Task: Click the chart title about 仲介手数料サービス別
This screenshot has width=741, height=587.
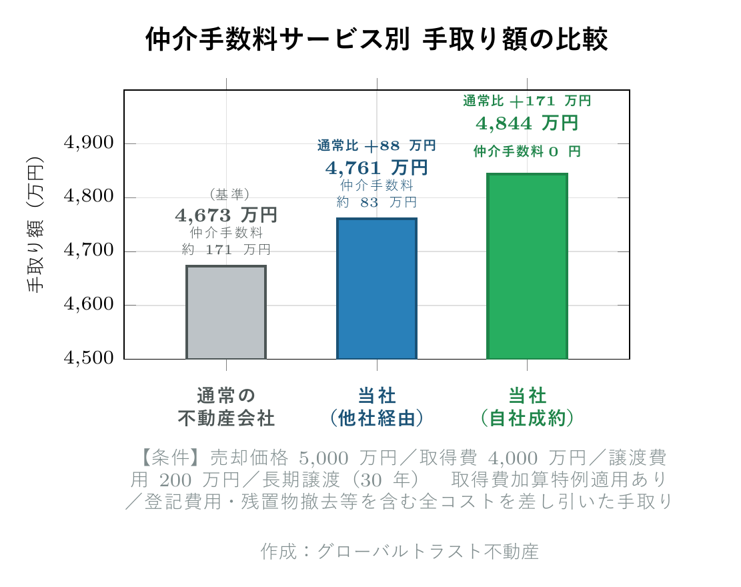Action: pyautogui.click(x=376, y=39)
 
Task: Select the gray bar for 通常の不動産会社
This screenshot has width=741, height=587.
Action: pyautogui.click(x=226, y=312)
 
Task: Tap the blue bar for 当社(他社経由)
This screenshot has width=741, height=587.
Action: pyautogui.click(x=377, y=288)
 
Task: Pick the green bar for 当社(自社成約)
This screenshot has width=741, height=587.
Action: pyautogui.click(x=527, y=266)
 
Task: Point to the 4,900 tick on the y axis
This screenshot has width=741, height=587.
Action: pyautogui.click(x=88, y=143)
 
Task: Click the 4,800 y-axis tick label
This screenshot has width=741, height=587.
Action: pyautogui.click(x=88, y=197)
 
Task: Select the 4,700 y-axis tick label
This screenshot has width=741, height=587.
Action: pyautogui.click(x=88, y=251)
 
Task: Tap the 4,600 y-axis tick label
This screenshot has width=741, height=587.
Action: pyautogui.click(x=88, y=306)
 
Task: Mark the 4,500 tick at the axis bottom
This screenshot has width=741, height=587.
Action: pyautogui.click(x=88, y=359)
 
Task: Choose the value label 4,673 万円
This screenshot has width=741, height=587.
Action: pyautogui.click(x=226, y=215)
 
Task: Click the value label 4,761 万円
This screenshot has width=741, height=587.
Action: pyautogui.click(x=377, y=167)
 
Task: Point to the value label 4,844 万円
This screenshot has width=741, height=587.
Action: pyautogui.click(x=527, y=123)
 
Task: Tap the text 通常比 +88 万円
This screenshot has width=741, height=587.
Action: pyautogui.click(x=377, y=145)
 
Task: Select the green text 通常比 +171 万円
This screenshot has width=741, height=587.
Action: pyautogui.click(x=527, y=101)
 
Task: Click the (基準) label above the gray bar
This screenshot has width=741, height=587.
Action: pyautogui.click(x=229, y=194)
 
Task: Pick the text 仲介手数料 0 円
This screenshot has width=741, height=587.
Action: pyautogui.click(x=527, y=151)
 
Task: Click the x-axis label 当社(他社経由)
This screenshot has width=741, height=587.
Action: pyautogui.click(x=377, y=408)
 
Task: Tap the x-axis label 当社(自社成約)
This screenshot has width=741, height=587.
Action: pyautogui.click(x=527, y=408)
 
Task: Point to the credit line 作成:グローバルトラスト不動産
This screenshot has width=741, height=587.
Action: pyautogui.click(x=400, y=552)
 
